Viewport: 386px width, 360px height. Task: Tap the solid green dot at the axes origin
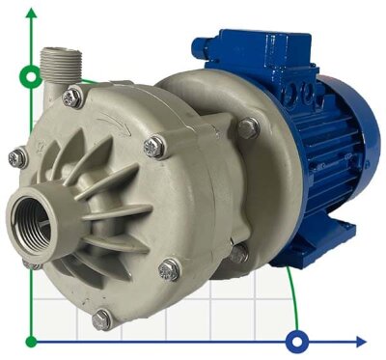[33, 341]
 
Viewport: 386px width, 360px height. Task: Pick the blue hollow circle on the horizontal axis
[298, 341]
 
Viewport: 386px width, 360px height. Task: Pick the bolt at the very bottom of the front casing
[101, 318]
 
